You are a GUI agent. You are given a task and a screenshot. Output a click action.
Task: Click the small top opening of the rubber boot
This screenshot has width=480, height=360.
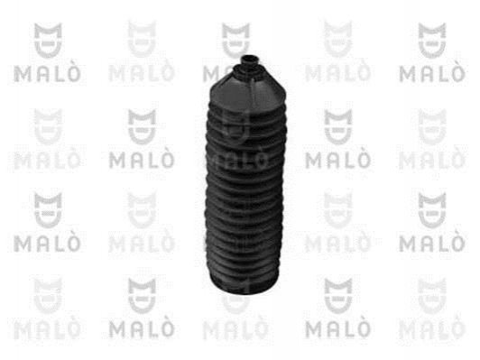point(249,59)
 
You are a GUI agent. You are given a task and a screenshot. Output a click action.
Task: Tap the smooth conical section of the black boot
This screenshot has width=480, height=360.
point(246,92)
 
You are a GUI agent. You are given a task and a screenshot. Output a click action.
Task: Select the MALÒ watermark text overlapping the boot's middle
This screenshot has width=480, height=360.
point(237,159)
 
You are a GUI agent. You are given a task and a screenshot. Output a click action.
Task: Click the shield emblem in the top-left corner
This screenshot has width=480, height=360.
point(48,40)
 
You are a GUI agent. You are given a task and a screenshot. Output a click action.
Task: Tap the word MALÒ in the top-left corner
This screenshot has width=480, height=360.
point(47,74)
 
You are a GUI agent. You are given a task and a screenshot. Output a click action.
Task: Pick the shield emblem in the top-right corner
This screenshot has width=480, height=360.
point(432,40)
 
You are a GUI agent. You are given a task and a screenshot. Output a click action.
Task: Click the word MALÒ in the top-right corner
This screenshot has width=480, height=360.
point(432,74)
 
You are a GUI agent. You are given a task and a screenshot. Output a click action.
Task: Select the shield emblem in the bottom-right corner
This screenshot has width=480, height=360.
point(432,296)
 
